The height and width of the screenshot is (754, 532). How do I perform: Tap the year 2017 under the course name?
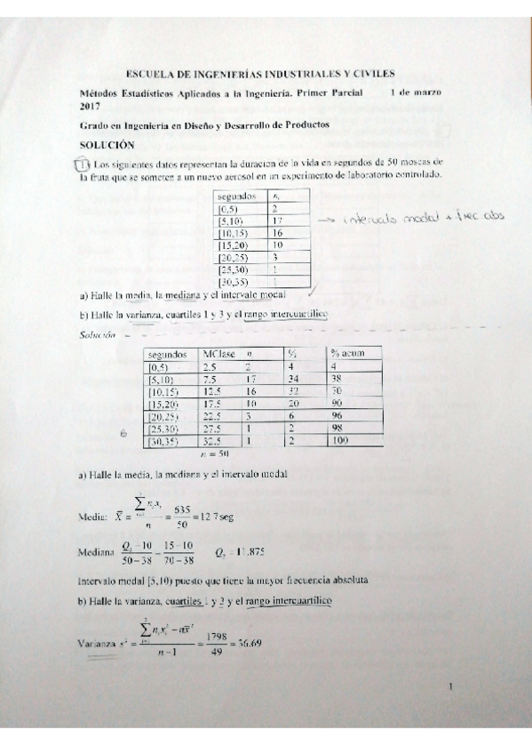tap(91, 106)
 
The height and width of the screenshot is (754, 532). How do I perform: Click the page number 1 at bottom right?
tap(451, 687)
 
